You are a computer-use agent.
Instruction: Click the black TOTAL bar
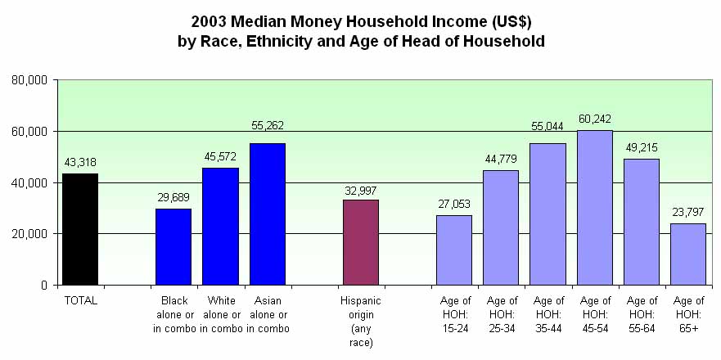pos(80,229)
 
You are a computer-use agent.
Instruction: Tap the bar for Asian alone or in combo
pos(268,214)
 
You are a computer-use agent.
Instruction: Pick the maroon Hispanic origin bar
pos(361,242)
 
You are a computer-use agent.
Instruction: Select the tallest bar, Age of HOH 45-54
pos(595,207)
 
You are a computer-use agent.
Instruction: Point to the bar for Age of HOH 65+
pos(688,254)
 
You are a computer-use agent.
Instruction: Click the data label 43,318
pos(79,162)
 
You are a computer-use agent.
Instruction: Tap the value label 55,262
pos(267,126)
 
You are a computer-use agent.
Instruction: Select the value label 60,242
pos(594,118)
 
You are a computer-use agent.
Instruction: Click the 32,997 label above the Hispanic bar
pos(360,190)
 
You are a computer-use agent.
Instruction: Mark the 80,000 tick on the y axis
pos(31,80)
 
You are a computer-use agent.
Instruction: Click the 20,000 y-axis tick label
pos(31,234)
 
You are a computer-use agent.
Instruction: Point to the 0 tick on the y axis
pos(45,286)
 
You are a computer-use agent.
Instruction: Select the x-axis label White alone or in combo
pos(221,315)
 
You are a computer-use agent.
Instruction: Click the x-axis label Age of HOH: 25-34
pos(501,315)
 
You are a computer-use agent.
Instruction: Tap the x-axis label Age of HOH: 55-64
pos(642,315)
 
